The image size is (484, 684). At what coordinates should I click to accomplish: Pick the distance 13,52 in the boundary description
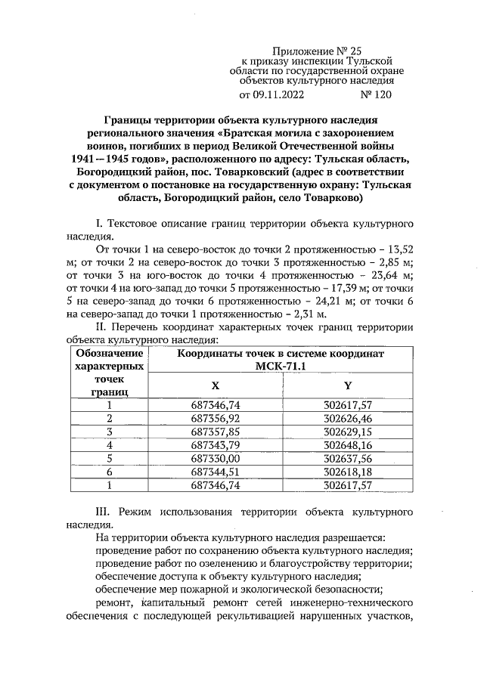(399, 247)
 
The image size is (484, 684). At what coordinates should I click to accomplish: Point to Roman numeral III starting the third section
(99, 511)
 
